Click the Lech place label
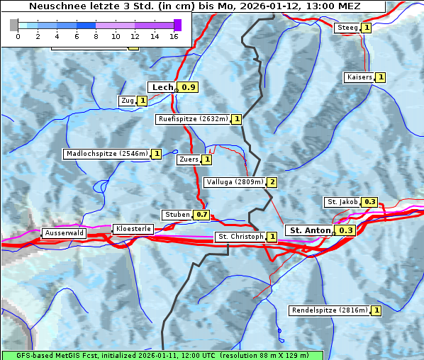(x=162, y=87)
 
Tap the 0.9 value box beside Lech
(x=189, y=87)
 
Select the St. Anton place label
(x=309, y=230)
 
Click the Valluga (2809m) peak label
(x=235, y=182)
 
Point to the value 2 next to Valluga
(x=272, y=182)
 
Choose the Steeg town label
(x=347, y=28)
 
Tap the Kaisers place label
(x=359, y=77)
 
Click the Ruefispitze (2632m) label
(x=193, y=119)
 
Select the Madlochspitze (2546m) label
(x=106, y=154)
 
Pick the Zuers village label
(x=189, y=159)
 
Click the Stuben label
(x=177, y=215)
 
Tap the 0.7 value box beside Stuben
(x=202, y=215)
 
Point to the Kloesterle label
(x=133, y=229)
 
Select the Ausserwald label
(x=64, y=233)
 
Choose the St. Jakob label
(x=342, y=202)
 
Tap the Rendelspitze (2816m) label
(x=330, y=310)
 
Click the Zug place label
(x=128, y=101)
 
